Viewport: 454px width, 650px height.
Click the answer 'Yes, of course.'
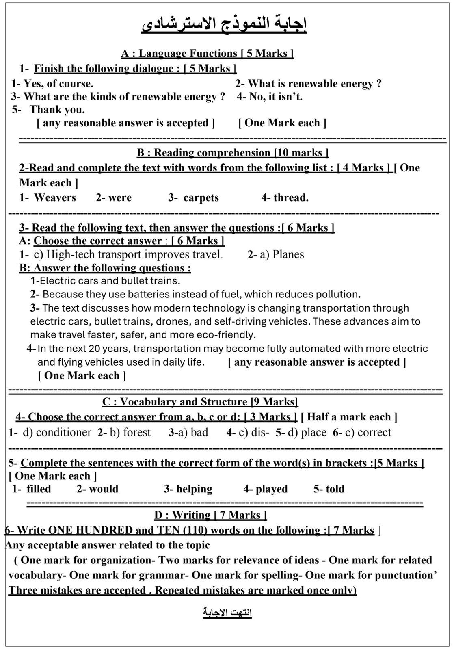tap(58, 84)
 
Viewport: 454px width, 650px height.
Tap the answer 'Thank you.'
tap(57, 110)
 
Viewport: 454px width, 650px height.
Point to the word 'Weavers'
tap(55, 198)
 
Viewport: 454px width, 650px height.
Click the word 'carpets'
tap(201, 198)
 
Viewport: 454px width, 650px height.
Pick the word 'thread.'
tap(291, 198)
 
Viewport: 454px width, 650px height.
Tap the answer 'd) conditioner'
tap(57, 432)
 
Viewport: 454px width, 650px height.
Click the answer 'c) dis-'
tap(254, 432)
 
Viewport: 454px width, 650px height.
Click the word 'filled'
tap(39, 489)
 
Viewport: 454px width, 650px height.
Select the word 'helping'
tap(194, 489)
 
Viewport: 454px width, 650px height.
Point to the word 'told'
tap(335, 489)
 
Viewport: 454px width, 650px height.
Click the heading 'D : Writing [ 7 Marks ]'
tap(210, 515)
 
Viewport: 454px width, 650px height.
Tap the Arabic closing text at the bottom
tap(227, 613)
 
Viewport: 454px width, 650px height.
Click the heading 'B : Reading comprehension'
tap(232, 153)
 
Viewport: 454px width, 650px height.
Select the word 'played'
tap(271, 489)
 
